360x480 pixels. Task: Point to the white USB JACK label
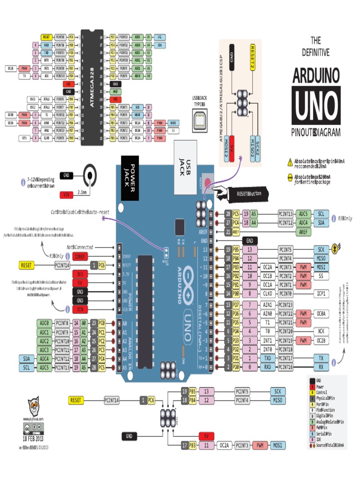(x=185, y=167)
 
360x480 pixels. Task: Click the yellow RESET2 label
(x=253, y=57)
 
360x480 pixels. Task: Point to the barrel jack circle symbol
(x=90, y=175)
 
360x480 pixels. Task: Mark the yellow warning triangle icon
(x=290, y=162)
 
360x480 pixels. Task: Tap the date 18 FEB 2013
(x=33, y=438)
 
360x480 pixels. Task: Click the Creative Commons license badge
(x=33, y=428)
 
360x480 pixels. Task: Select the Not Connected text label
(x=79, y=247)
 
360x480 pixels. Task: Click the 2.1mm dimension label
(x=82, y=192)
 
